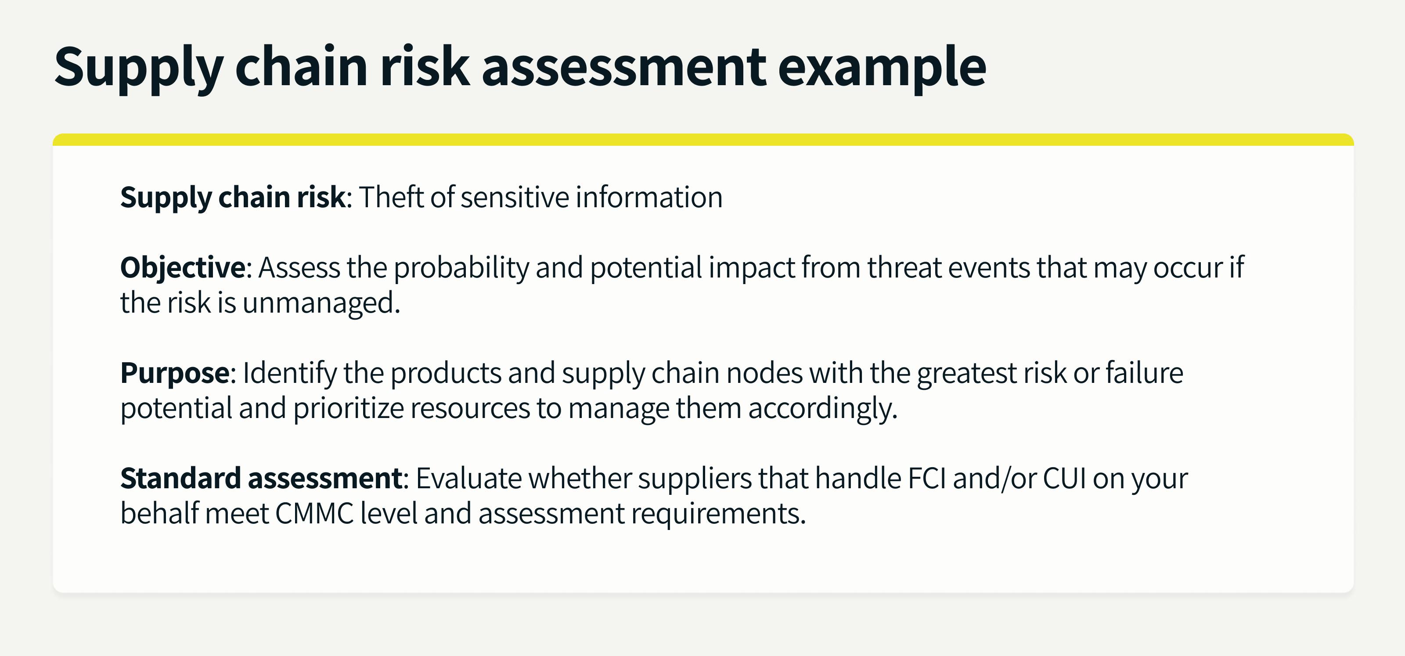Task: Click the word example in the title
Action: (x=882, y=68)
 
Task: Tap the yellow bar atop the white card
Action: (x=703, y=140)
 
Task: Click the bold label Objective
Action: (x=183, y=268)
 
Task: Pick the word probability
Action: (x=461, y=268)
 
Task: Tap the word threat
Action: (x=904, y=268)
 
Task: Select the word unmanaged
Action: (x=321, y=303)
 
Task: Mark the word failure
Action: (x=1144, y=373)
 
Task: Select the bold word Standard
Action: (x=180, y=478)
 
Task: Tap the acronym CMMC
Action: (x=315, y=514)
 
